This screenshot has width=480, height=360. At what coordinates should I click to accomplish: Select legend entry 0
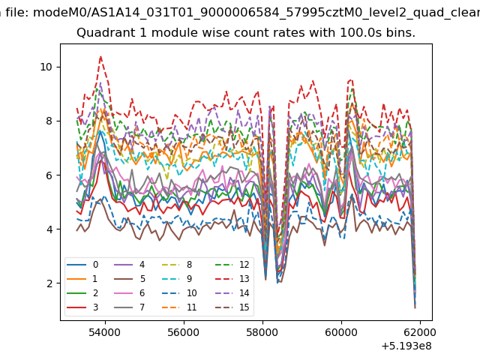click(82, 265)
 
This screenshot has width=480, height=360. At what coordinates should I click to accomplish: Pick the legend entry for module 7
click(129, 307)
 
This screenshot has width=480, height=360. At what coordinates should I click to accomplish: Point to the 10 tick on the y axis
click(46, 67)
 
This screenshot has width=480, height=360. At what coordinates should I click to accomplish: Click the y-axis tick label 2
click(49, 283)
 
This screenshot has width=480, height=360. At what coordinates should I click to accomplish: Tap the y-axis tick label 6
click(49, 175)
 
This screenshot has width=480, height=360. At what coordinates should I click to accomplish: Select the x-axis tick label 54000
click(105, 332)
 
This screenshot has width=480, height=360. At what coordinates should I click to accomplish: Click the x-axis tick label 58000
click(262, 332)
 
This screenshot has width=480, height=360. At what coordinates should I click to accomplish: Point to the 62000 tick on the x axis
click(420, 332)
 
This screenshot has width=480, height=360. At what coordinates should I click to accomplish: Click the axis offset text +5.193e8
click(406, 346)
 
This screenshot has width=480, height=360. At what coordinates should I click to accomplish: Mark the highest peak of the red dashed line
click(100, 56)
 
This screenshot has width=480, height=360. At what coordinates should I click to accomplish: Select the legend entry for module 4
click(129, 265)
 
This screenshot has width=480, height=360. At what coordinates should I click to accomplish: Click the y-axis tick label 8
click(49, 121)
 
